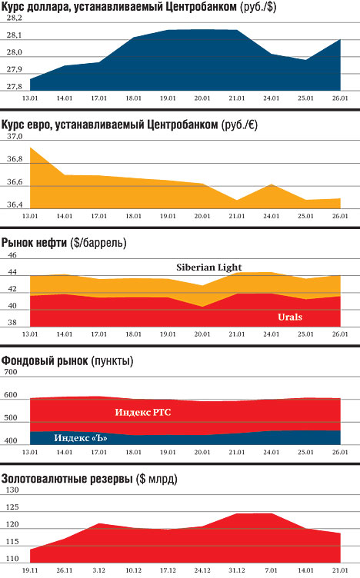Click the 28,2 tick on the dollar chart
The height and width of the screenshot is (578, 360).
[15, 18]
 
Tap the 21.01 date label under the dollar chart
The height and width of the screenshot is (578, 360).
[236, 98]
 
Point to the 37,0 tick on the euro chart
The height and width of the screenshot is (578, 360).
[15, 136]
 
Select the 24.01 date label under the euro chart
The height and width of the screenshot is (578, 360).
[271, 216]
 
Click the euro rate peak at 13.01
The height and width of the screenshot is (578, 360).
[30, 148]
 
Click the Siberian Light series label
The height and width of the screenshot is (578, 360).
[208, 267]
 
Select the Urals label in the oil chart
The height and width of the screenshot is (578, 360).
[290, 317]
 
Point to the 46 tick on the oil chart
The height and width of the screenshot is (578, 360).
[12, 254]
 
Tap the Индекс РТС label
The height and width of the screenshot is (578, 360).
[143, 412]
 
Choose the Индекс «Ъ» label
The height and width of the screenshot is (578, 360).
[81, 438]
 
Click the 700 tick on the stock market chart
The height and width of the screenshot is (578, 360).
[11, 371]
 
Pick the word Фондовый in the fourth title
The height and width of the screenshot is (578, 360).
[25, 360]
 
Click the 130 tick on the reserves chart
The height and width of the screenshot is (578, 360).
[12, 490]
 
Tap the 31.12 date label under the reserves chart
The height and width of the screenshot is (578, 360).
[236, 570]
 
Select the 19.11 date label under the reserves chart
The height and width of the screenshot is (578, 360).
[30, 570]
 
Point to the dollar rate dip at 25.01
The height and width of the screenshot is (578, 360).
[306, 60]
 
